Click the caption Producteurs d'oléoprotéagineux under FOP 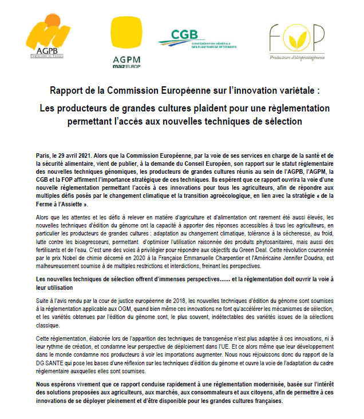coord(294,57)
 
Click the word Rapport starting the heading coord(67,90)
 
